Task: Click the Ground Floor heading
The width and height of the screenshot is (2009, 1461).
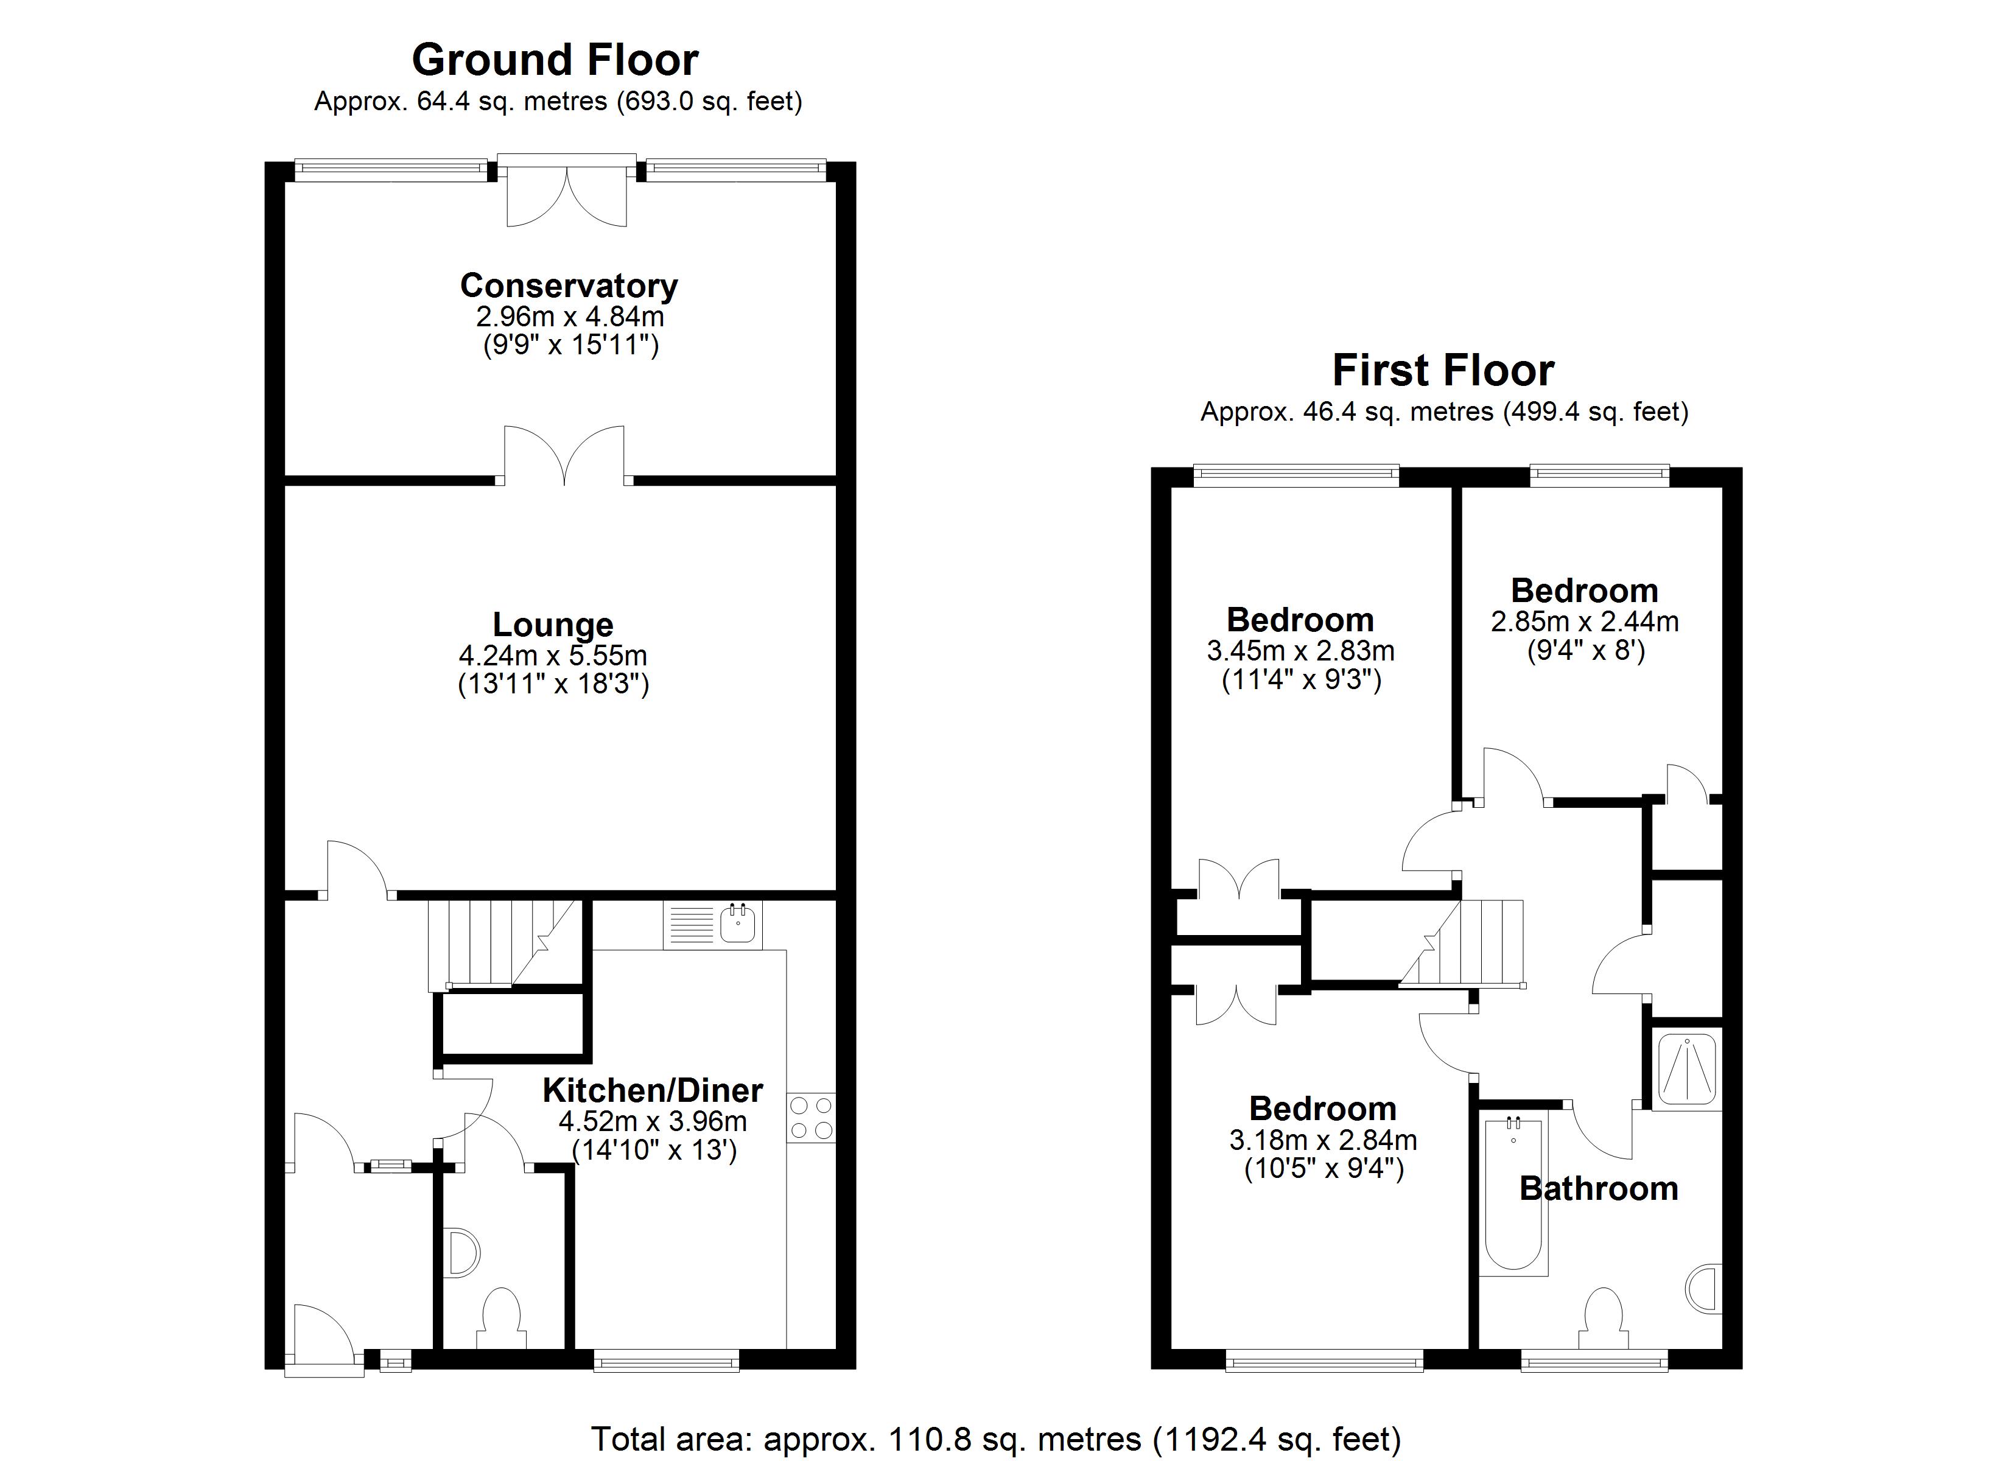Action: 555,60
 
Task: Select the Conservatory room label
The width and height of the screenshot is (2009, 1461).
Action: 569,286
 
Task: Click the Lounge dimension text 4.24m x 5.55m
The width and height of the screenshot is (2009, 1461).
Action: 553,656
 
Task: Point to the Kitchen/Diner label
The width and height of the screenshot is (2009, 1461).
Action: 653,1090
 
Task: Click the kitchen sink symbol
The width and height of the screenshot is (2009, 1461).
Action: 738,924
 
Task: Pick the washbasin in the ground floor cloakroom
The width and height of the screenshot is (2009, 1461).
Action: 463,1252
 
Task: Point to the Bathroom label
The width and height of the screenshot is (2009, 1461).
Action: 1599,1188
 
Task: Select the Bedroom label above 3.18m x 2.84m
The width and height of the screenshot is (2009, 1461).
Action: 1322,1109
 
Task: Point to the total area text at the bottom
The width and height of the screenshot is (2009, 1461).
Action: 995,1438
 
